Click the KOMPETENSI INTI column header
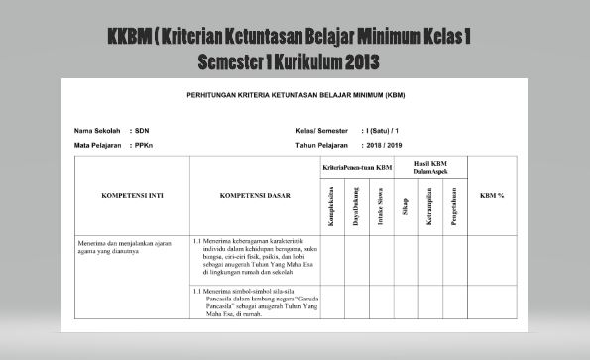133,195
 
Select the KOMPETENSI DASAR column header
255,195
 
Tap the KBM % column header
492,195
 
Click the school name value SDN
143,131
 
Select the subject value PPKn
145,144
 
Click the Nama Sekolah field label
96,131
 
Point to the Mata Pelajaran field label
100,144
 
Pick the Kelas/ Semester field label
324,131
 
